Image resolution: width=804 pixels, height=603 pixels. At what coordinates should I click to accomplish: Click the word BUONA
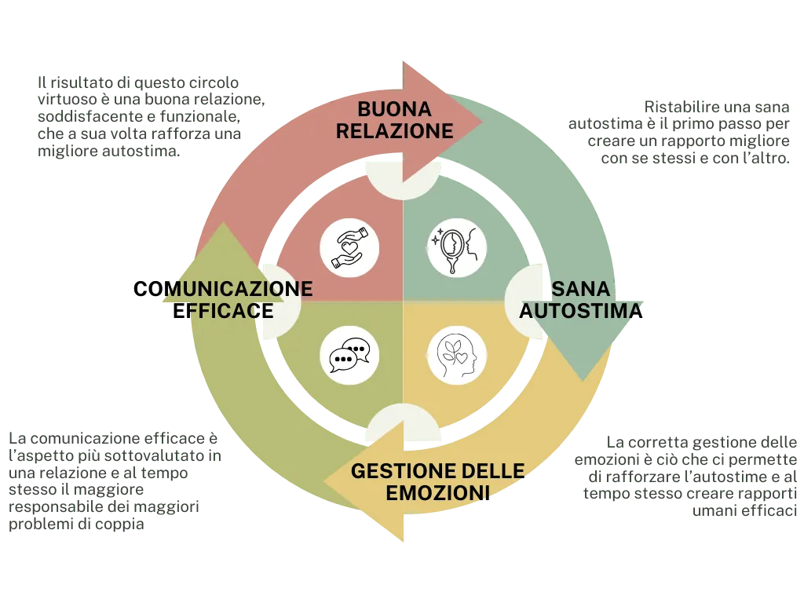[x=394, y=109]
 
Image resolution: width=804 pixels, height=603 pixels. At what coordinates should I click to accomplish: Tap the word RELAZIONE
[x=394, y=130]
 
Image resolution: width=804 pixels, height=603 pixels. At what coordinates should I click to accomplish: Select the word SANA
[x=581, y=290]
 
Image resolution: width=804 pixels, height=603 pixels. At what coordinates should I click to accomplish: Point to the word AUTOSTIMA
[x=581, y=312]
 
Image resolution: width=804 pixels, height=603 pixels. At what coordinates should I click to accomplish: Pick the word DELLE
[x=493, y=472]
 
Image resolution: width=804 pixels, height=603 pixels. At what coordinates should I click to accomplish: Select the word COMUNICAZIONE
[x=224, y=290]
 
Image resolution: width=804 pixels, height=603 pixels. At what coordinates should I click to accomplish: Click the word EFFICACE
[x=223, y=312]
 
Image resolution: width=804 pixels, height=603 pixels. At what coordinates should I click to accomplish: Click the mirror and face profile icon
[x=457, y=247]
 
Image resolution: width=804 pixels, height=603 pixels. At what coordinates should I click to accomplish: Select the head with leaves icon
[x=457, y=355]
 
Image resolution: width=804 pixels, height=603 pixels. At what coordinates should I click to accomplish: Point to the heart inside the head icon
[x=463, y=357]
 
